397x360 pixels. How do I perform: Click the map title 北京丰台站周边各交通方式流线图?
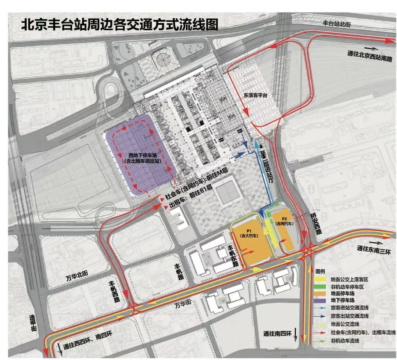pyautogui.click(x=120, y=25)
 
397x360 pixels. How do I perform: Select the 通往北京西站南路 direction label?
pyautogui.click(x=370, y=54)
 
